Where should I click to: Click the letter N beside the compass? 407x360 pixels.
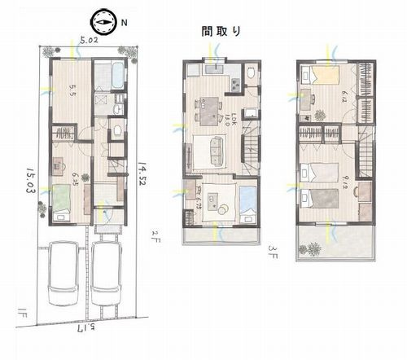[x=123, y=24]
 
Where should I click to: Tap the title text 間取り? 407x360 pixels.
[x=221, y=32]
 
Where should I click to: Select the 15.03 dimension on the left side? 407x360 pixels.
[x=30, y=184]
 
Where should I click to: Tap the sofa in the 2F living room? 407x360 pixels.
[x=215, y=148]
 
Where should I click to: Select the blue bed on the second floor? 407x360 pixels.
[x=245, y=202]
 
